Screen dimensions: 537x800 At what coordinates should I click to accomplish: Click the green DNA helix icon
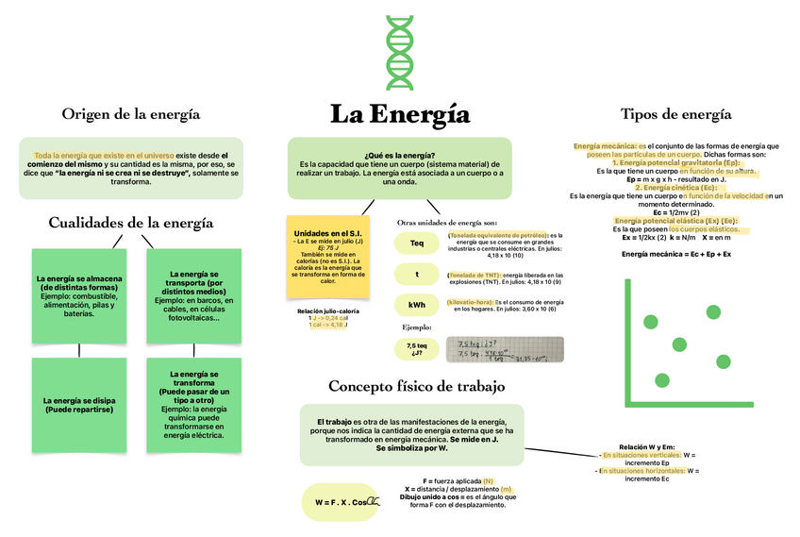(399, 53)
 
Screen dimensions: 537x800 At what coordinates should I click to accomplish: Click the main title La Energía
(399, 115)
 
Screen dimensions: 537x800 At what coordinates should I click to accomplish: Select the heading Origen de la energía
(130, 114)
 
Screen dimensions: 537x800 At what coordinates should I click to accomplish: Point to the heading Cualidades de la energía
(130, 223)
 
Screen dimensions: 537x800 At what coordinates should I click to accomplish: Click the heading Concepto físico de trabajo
(416, 386)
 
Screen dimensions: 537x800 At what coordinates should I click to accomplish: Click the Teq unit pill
(417, 243)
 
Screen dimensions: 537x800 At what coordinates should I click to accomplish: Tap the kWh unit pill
(417, 305)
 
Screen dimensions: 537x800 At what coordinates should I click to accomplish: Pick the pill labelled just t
(417, 275)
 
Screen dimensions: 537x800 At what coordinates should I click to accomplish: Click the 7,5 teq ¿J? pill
(417, 349)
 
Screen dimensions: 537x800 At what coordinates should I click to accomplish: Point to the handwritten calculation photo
(504, 349)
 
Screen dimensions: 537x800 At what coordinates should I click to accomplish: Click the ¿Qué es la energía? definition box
(399, 168)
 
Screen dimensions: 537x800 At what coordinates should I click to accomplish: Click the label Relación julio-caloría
(327, 310)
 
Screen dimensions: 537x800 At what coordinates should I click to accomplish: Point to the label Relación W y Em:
(646, 446)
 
